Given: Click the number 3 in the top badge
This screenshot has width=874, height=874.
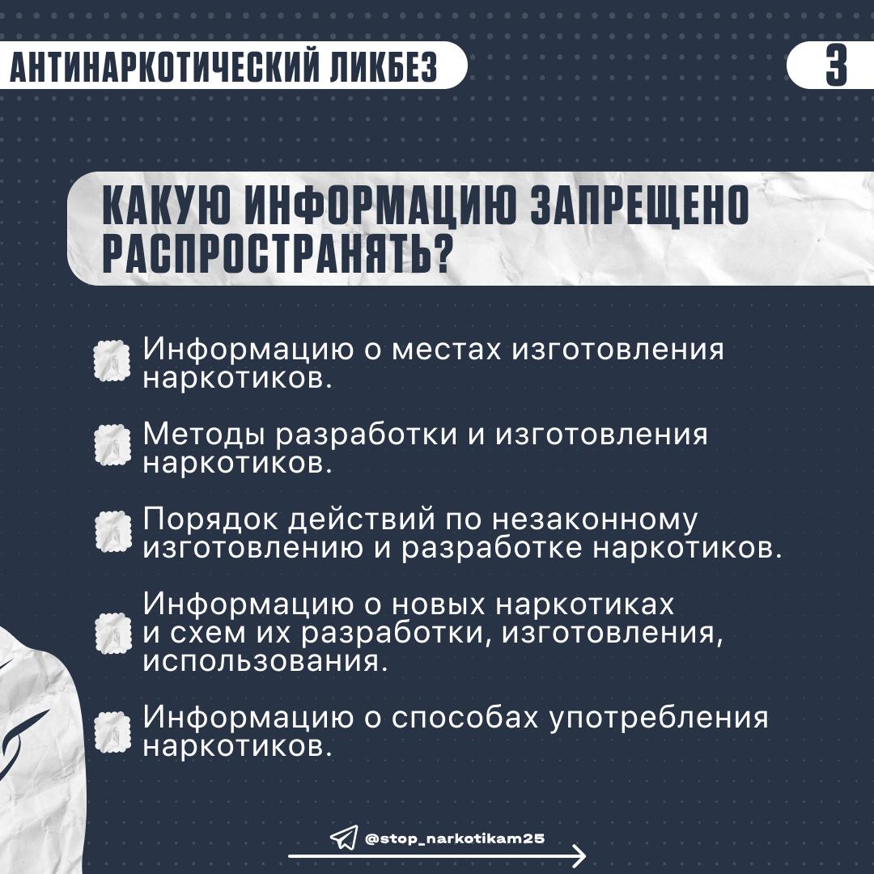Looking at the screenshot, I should (x=836, y=66).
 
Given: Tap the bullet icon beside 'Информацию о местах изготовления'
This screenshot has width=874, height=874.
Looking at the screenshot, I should (x=112, y=361).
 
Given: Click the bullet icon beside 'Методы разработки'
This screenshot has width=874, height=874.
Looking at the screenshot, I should (x=112, y=446).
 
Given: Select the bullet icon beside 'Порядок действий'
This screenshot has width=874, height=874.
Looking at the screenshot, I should (x=112, y=531).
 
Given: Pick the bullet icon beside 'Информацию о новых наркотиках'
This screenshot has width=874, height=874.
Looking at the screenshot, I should (x=112, y=632).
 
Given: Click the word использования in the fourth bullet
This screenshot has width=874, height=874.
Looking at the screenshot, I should (x=259, y=660).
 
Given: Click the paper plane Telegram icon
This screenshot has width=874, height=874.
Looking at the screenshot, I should (x=343, y=838).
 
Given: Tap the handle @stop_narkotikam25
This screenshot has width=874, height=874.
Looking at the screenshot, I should (x=455, y=838).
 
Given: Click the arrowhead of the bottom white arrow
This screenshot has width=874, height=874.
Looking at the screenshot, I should (x=578, y=855).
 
